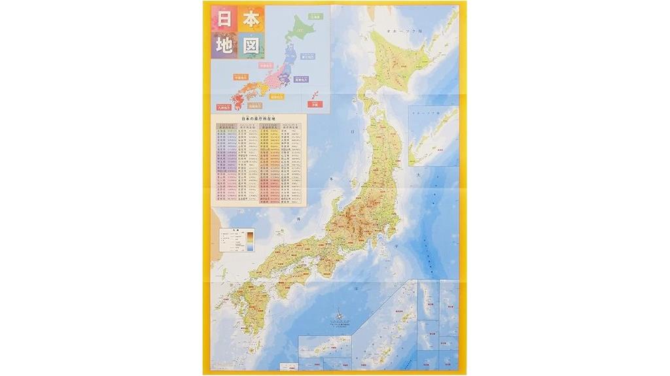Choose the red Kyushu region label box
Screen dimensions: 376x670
[223, 106]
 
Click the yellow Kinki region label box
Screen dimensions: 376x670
[278, 96]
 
